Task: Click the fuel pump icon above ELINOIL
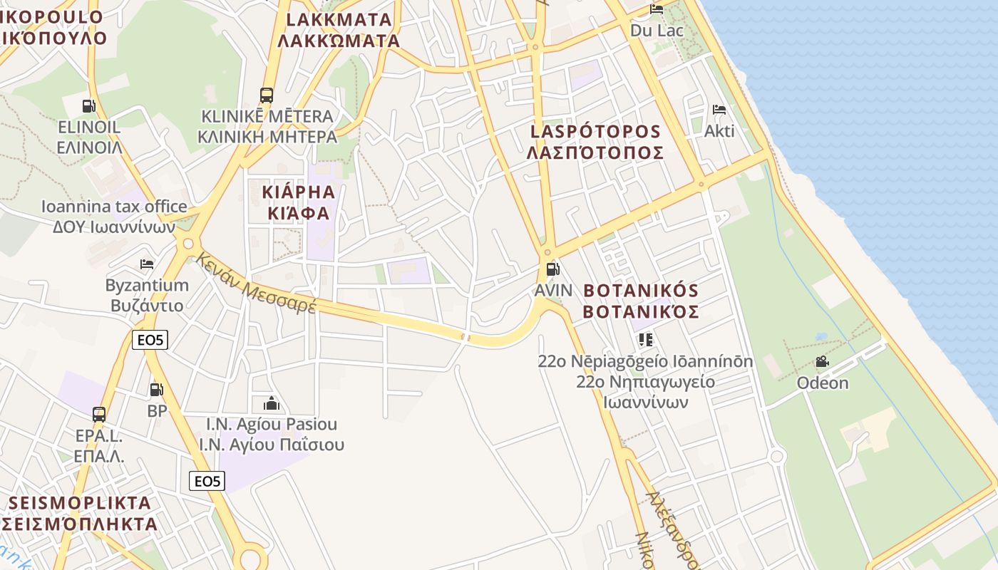click(x=88, y=106)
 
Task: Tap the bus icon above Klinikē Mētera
click(x=267, y=95)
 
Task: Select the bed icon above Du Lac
click(x=657, y=9)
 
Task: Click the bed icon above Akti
click(x=719, y=110)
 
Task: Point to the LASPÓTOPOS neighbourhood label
click(x=596, y=142)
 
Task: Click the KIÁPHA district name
click(x=299, y=202)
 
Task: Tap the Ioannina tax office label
click(x=114, y=217)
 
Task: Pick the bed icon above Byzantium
click(x=147, y=264)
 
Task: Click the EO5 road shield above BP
click(x=150, y=340)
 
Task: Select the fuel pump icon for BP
click(x=156, y=390)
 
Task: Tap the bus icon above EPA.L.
click(x=99, y=414)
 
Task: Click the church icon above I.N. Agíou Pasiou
click(x=271, y=403)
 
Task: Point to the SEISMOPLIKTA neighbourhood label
click(x=80, y=513)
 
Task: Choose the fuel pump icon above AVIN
click(x=552, y=269)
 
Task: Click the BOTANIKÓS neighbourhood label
click(x=641, y=301)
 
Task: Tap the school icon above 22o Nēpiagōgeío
click(x=646, y=339)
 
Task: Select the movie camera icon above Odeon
click(x=822, y=361)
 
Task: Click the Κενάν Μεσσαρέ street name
click(x=256, y=283)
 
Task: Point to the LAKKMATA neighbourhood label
click(x=339, y=30)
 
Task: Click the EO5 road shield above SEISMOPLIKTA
click(x=207, y=481)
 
